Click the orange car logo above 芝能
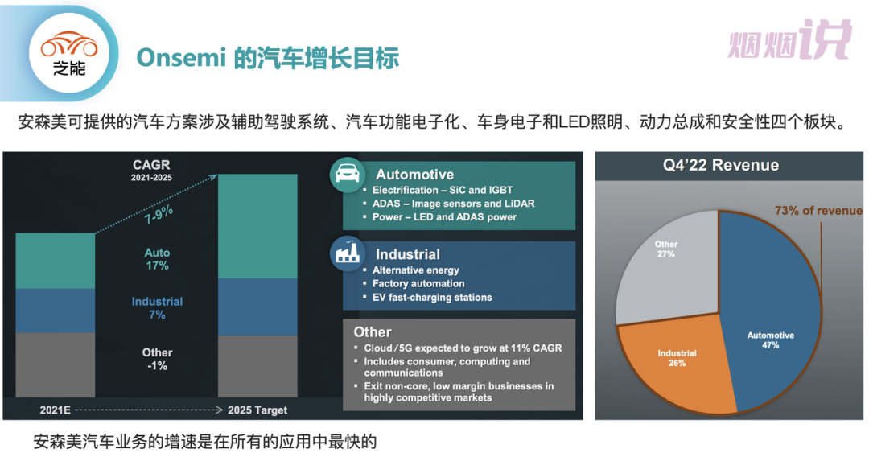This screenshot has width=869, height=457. (69, 44)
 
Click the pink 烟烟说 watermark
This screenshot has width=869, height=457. (790, 39)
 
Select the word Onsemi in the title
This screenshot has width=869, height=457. (181, 58)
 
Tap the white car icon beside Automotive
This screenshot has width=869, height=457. (348, 175)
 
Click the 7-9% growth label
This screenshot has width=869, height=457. (159, 214)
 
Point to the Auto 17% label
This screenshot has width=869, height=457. (158, 259)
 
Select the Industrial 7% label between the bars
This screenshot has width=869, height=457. (158, 308)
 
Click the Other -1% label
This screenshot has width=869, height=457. (158, 359)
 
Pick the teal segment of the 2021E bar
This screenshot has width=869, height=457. (56, 261)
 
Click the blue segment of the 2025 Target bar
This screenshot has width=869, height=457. (257, 307)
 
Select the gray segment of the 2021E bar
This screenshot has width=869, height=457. (56, 365)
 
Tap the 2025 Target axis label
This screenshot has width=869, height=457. (257, 410)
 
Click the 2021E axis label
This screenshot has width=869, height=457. (56, 410)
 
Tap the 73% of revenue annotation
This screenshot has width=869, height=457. (818, 211)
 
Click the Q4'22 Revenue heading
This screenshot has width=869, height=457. (721, 165)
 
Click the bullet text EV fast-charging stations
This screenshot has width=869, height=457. (432, 298)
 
